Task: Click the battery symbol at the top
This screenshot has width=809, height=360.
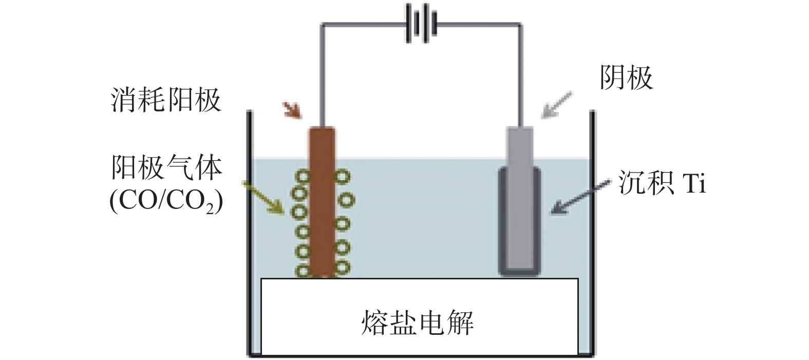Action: click(421, 24)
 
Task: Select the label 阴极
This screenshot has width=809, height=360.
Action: click(626, 78)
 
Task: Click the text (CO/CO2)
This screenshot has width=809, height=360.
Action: click(166, 202)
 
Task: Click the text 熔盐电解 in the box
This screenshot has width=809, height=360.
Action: click(417, 322)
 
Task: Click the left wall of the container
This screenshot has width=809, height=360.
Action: click(250, 231)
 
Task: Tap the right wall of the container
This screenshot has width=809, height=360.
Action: click(592, 231)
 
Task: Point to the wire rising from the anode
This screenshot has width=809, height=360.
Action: click(322, 72)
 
